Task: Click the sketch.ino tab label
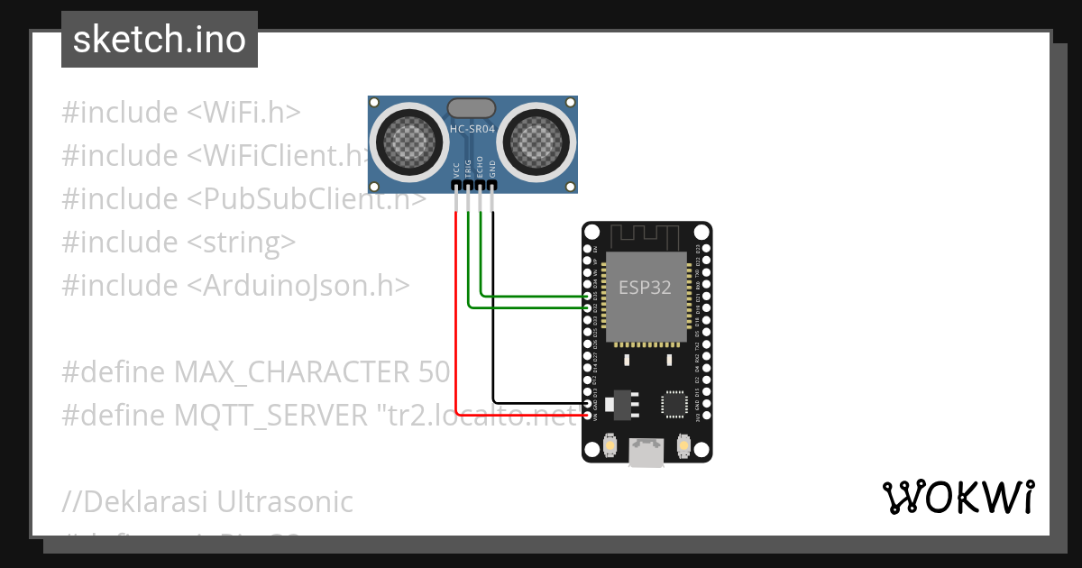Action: click(160, 40)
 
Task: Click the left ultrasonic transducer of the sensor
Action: click(407, 139)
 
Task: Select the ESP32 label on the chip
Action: click(646, 289)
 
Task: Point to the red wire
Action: click(457, 316)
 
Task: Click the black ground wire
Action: click(493, 316)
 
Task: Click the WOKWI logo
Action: click(958, 498)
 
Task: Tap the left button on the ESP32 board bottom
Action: click(610, 445)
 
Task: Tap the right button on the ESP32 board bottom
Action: click(683, 445)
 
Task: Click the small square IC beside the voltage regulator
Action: click(674, 403)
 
